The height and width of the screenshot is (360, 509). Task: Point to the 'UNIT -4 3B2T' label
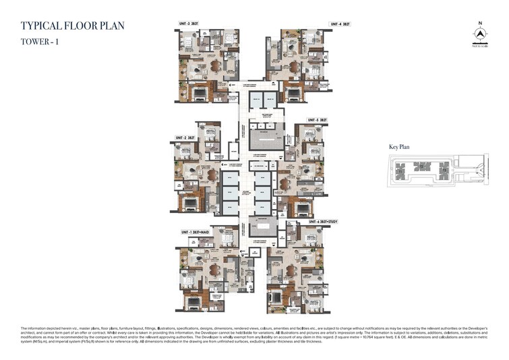pos(340,24)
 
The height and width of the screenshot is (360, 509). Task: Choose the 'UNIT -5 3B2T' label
pos(316,120)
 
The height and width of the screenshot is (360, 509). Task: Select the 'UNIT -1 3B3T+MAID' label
pos(197,232)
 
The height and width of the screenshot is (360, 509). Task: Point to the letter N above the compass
pos(480,24)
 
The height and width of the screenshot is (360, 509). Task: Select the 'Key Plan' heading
pos(400,146)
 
